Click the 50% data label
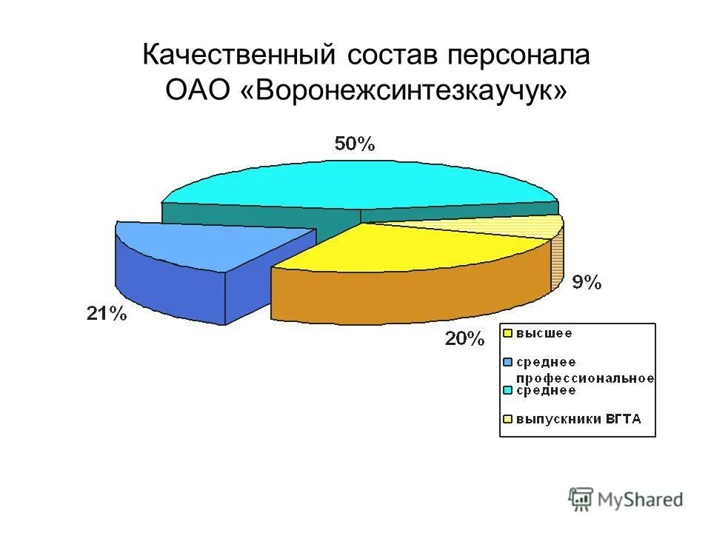[x=355, y=144]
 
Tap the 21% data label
[x=107, y=314]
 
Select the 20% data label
[x=464, y=339]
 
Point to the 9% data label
[x=587, y=283]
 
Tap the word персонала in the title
[x=518, y=56]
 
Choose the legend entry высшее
[x=544, y=333]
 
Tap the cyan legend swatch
[x=508, y=390]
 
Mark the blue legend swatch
[x=508, y=362]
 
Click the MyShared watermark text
[x=641, y=499]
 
